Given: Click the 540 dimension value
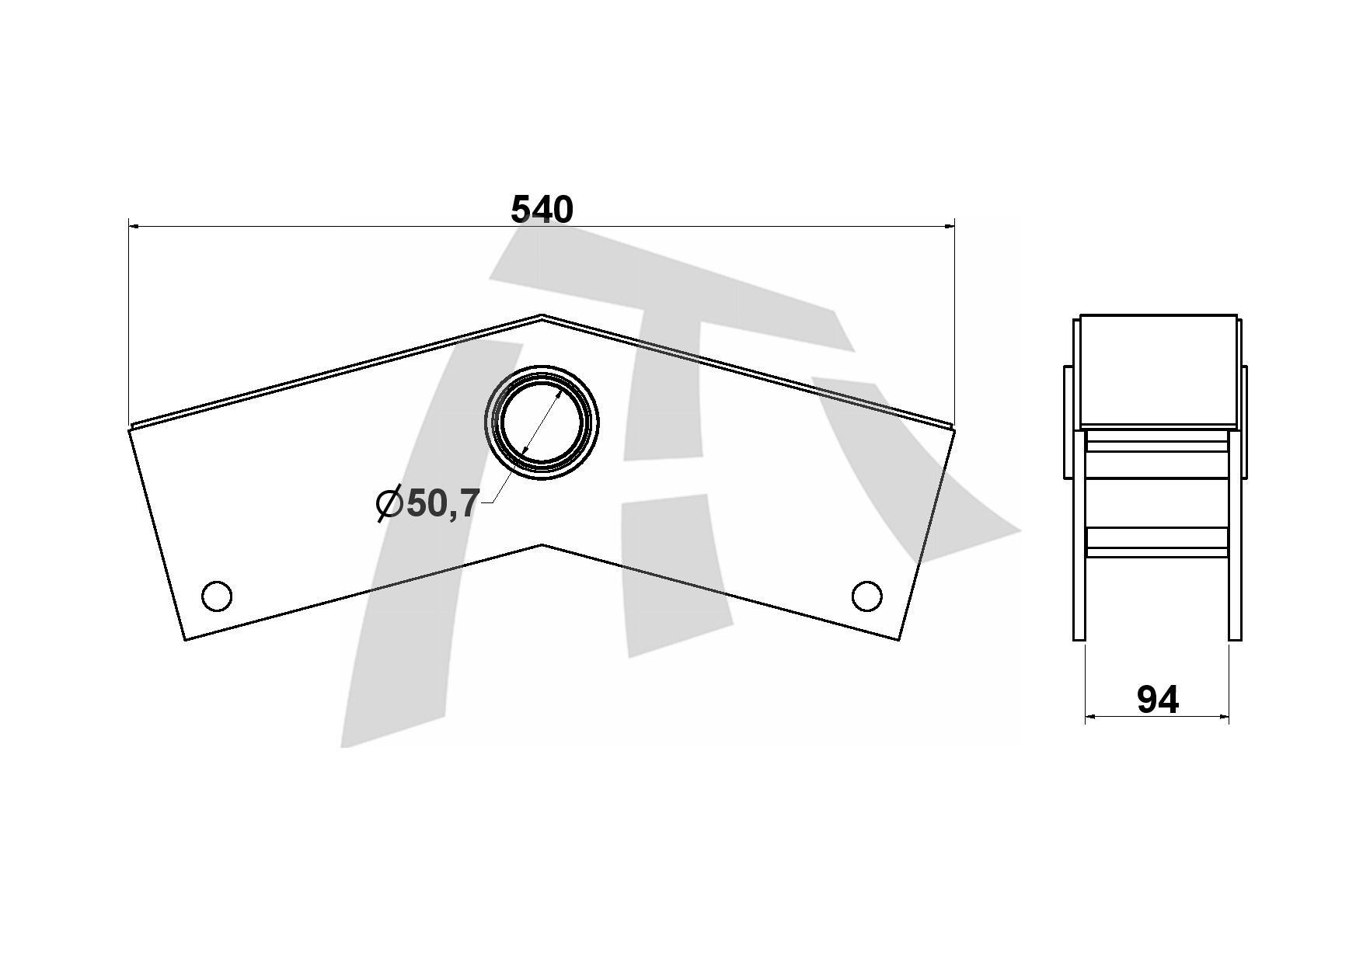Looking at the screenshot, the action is pyautogui.click(x=542, y=210).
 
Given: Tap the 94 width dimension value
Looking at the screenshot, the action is pyautogui.click(x=1157, y=701).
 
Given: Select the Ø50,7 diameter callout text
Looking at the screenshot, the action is pyautogui.click(x=427, y=504).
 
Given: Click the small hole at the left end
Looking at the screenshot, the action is pyautogui.click(x=216, y=596).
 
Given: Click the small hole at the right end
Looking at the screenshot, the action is pyautogui.click(x=866, y=596).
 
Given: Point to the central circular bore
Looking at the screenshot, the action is pyautogui.click(x=542, y=422).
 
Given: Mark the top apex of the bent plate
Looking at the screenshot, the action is pyautogui.click(x=542, y=315).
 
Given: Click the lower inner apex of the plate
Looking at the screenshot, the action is pyautogui.click(x=542, y=544).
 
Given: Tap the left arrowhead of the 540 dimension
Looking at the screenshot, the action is pyautogui.click(x=134, y=226).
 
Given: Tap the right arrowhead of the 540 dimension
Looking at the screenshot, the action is pyautogui.click(x=949, y=226).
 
